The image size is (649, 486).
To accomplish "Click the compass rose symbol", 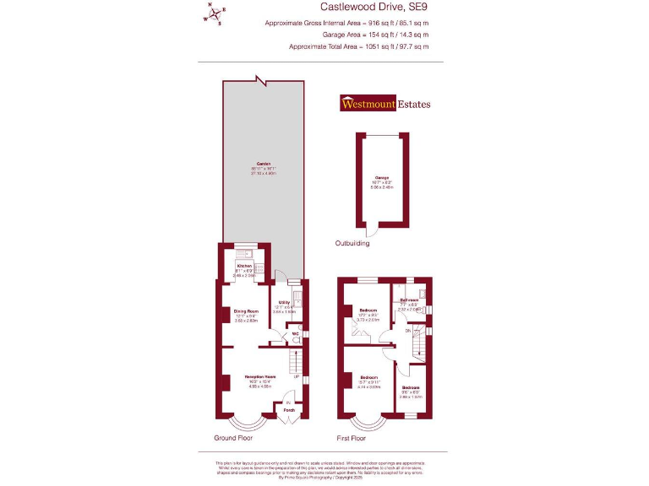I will tap(216, 13).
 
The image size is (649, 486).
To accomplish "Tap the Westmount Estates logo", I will tap(385, 104).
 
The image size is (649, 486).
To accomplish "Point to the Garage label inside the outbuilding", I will tap(382, 177).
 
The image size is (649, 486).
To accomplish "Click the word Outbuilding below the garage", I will tap(352, 244).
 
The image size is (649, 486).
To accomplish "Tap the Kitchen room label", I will tap(244, 265).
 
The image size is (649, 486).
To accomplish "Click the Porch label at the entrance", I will tap(288, 411).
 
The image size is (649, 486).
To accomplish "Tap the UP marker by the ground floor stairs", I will tap(297, 376).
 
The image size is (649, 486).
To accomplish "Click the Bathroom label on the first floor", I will tap(410, 300).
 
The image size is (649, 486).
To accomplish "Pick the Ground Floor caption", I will tap(237, 439).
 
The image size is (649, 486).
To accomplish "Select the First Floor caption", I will tap(352, 439).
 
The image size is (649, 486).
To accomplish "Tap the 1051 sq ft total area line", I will tap(358, 46).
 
